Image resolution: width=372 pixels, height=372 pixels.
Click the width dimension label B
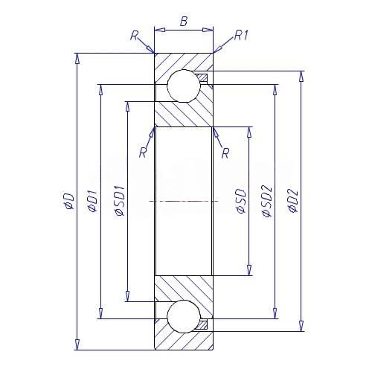(184, 22)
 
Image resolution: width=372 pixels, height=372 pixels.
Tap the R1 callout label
(241, 36)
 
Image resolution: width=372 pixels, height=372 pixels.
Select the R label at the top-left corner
(134, 36)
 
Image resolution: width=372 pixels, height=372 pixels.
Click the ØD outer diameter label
(69, 200)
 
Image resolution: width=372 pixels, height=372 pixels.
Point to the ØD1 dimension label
(93, 201)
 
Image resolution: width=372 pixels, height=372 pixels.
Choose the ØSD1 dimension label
(119, 200)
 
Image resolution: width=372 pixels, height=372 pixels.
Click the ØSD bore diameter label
(241, 201)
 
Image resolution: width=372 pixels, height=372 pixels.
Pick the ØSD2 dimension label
(267, 201)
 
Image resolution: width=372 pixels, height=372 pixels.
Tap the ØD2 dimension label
(293, 201)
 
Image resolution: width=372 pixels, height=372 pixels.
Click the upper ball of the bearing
(184, 86)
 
